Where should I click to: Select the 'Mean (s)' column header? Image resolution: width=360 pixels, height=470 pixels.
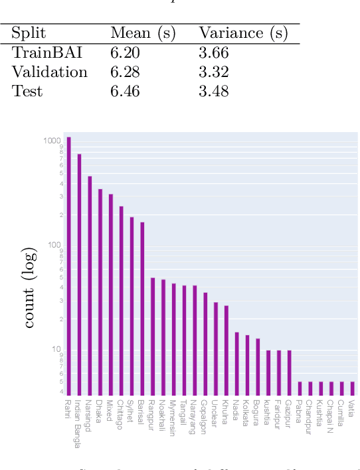point(142,34)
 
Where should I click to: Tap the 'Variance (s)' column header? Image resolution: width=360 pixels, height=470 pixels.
point(240,34)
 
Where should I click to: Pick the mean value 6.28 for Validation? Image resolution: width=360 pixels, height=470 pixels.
point(125,72)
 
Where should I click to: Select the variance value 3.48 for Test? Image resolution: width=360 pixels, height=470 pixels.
point(213,91)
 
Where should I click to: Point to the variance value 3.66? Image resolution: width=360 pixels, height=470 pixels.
point(213,54)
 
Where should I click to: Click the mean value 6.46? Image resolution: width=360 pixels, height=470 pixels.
point(125,91)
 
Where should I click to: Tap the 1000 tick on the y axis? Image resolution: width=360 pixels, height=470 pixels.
point(52,141)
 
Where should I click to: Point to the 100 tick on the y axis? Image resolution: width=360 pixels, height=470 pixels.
point(54,245)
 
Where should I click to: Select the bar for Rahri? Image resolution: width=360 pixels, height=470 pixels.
point(68,266)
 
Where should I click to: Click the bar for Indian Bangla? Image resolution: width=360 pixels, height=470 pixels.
point(79,274)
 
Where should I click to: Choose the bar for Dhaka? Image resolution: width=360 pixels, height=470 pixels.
point(100,292)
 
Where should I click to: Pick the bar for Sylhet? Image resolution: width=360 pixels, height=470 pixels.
point(132,306)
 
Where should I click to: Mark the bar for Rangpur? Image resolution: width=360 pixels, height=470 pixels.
point(153,337)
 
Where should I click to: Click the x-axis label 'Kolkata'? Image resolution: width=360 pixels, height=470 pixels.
point(247,412)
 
